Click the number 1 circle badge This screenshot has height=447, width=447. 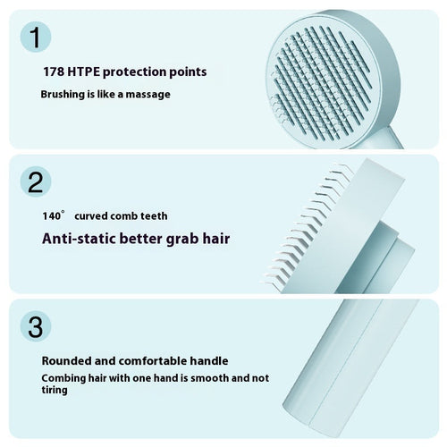[x=34, y=38]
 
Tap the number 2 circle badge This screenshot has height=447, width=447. [x=34, y=182]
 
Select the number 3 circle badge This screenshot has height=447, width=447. [x=34, y=326]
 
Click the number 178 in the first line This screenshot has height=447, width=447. [x=54, y=71]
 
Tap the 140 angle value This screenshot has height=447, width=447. [x=53, y=215]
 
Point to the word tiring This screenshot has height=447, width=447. [x=56, y=391]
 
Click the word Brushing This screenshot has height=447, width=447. [x=63, y=94]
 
